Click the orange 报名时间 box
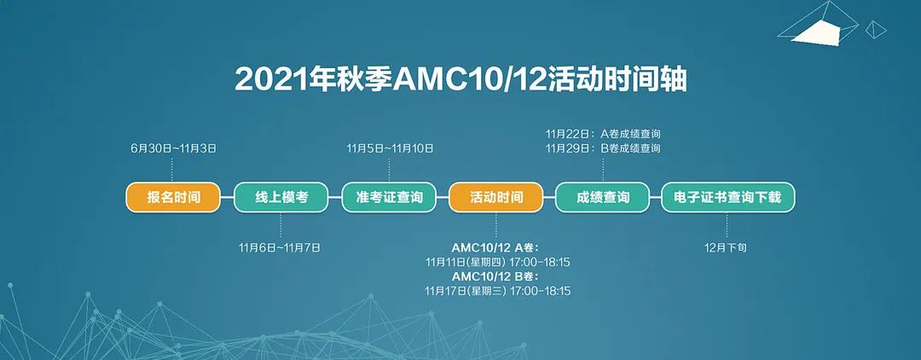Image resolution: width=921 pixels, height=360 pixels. coord(173,198)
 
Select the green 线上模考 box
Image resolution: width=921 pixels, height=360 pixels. coord(281,198)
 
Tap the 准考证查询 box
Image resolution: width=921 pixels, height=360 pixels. coord(389,198)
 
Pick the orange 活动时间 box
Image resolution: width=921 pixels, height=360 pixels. coord(496,198)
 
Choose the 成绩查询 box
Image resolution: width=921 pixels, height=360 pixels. coord(603,198)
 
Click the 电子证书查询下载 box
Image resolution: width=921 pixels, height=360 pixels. coord(727,198)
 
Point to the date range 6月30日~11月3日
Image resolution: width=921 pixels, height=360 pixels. coord(173,148)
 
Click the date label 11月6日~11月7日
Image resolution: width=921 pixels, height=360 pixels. coord(281,247)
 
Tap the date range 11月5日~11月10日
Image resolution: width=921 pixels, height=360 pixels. coord(389,148)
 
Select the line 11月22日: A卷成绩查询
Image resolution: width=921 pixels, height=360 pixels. coord(603,134)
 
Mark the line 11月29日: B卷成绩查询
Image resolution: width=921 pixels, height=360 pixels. coord(603,148)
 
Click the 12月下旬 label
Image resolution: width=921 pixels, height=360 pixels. coord(727,247)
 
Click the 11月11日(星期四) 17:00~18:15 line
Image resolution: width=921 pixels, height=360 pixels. coord(497,262)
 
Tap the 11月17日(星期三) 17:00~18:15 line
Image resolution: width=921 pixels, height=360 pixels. coord(497,291)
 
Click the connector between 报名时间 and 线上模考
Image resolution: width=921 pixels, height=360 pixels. coord(227,198)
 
